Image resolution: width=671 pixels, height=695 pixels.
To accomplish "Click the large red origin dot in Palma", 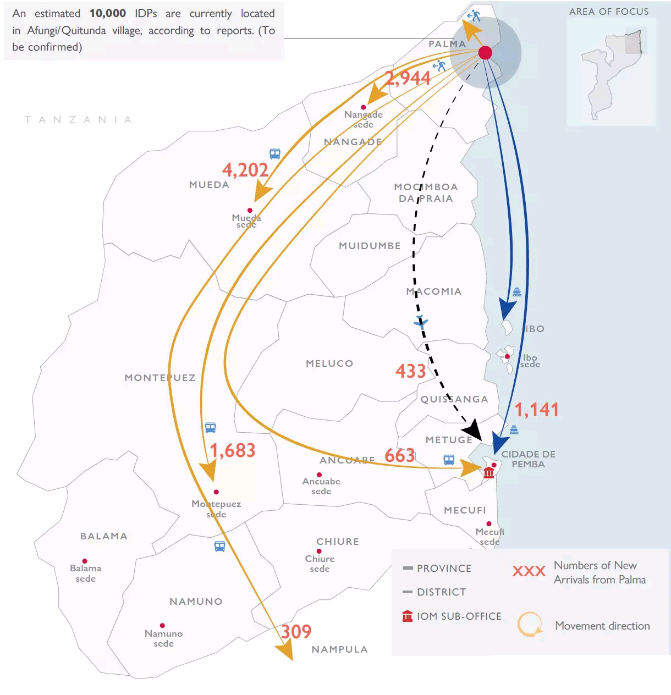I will click(x=485, y=53).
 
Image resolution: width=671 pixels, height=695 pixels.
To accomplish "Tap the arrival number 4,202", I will click(x=245, y=170).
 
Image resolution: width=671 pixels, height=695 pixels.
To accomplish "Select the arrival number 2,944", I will click(x=408, y=78).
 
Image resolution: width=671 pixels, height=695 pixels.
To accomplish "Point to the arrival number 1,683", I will click(x=233, y=451).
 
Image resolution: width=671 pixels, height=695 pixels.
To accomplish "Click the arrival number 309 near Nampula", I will click(x=296, y=631).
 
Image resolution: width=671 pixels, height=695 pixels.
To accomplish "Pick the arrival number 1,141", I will click(x=536, y=410).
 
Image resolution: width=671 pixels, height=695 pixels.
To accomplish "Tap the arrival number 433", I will click(x=411, y=371).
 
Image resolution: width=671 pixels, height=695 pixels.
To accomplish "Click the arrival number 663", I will click(x=400, y=455).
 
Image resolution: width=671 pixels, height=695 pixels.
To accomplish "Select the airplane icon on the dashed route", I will click(x=421, y=322).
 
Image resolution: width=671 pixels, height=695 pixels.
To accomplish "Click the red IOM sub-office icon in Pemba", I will click(x=488, y=472).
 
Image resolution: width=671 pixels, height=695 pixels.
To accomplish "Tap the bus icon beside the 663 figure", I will click(x=449, y=460).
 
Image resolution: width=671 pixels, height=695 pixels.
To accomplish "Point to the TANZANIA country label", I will click(x=78, y=120).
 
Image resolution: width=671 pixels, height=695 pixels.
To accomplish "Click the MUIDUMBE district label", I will click(x=370, y=246).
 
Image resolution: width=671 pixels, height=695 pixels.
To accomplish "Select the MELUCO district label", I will click(x=329, y=363).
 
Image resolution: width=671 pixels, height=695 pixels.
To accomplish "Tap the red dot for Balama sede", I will click(x=85, y=561).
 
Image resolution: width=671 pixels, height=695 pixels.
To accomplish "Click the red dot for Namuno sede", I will click(x=162, y=626).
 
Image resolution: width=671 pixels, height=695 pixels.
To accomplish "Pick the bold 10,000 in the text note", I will click(x=108, y=13).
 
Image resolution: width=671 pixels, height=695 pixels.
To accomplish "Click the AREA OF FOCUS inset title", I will click(x=609, y=12).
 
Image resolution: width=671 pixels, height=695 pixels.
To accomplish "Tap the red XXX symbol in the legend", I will click(x=529, y=571).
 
